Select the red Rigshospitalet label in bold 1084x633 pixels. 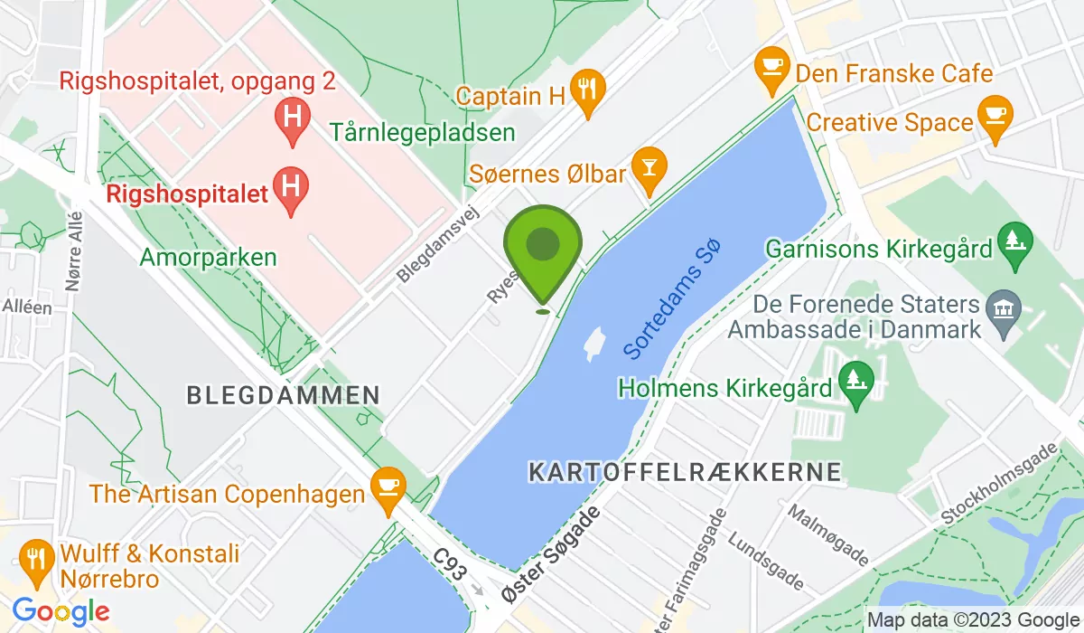coord(187,193)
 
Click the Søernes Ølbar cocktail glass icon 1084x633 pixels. coord(649,165)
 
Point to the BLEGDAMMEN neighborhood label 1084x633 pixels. coord(283,395)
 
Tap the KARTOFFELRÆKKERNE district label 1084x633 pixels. coord(684,471)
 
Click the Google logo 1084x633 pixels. coord(61,611)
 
